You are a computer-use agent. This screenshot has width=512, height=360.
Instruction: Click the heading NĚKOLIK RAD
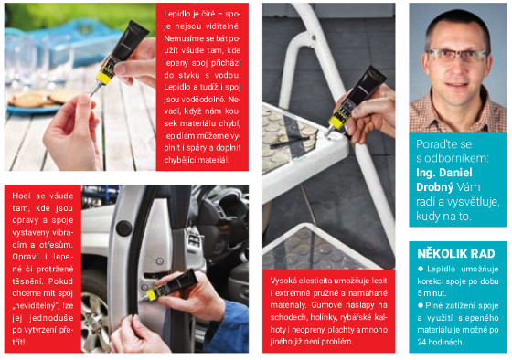(456, 254)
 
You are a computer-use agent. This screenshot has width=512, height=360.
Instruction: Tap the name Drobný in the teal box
(434, 187)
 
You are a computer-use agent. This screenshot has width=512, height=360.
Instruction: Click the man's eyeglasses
(458, 56)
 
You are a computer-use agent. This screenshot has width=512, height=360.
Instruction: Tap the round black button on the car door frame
(124, 228)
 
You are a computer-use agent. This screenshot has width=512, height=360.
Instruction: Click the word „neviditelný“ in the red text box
(36, 306)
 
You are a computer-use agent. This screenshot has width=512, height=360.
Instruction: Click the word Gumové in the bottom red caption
(325, 305)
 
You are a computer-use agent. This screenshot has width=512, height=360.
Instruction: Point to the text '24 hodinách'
(440, 342)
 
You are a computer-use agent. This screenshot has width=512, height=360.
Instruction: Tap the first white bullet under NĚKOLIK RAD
(421, 269)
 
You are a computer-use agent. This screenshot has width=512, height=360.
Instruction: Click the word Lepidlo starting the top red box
(176, 14)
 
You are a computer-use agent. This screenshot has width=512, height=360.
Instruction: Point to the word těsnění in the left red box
(27, 281)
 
